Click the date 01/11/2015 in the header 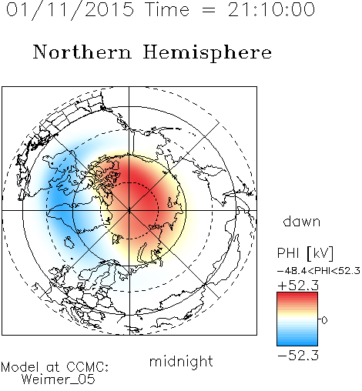tap(70, 10)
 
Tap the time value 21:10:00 tap(271, 9)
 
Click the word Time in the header tap(167, 9)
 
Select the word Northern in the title tap(82, 52)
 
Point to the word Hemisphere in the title tap(207, 52)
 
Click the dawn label tap(302, 221)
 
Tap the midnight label tap(181, 362)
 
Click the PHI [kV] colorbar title tap(305, 253)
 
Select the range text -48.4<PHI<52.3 tap(319, 271)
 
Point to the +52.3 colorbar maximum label tap(298, 286)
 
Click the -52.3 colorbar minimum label tap(298, 356)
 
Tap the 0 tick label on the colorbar tap(324, 320)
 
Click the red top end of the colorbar tap(297, 295)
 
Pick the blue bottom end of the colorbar tap(297, 343)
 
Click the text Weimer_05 tap(59, 379)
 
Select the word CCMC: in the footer tap(87, 367)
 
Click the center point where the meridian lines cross tap(129, 210)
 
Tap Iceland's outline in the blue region tap(69, 242)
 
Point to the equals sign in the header tap(209, 10)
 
